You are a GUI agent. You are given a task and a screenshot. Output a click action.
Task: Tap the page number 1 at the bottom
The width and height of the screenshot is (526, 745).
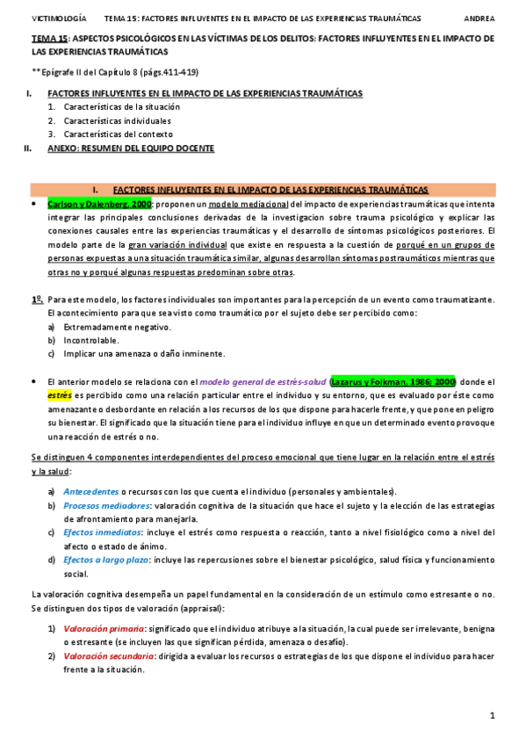point(493,717)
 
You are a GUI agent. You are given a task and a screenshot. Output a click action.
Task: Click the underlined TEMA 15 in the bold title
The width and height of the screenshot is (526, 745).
point(49,39)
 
